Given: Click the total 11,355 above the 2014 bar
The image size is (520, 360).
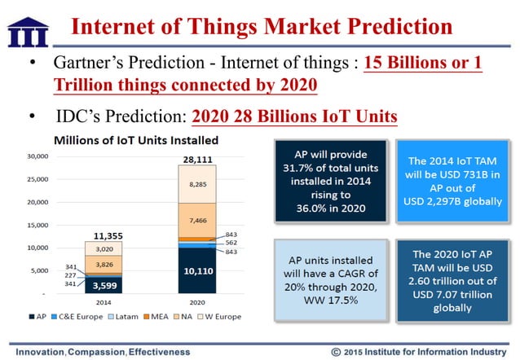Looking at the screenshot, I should (x=102, y=235).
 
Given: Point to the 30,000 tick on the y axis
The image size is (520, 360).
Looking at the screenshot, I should (x=38, y=156).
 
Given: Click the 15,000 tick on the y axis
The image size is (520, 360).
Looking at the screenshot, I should (x=38, y=225).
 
